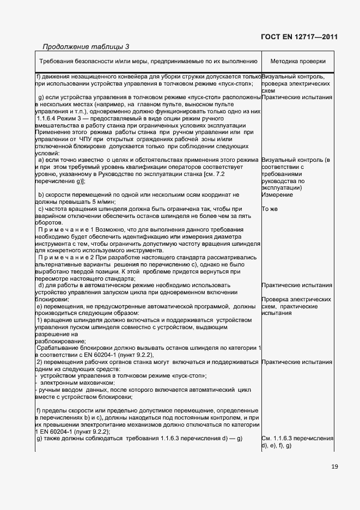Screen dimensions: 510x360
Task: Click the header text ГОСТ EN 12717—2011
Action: (x=300, y=37)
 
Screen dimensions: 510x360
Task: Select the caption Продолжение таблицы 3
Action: (x=86, y=46)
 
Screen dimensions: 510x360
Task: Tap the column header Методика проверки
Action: (x=298, y=62)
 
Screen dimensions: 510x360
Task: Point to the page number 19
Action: (x=333, y=466)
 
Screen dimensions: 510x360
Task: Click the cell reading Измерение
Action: (x=277, y=195)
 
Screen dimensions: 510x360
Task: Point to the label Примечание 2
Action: (x=66, y=257)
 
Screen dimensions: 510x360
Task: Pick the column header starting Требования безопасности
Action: (x=148, y=62)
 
